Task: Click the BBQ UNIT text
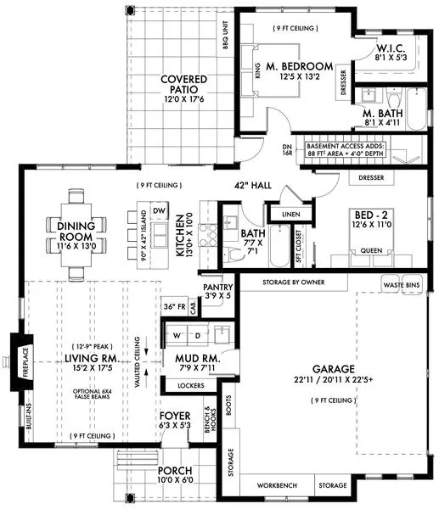tap(225, 34)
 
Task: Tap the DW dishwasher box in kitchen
tap(160, 210)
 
